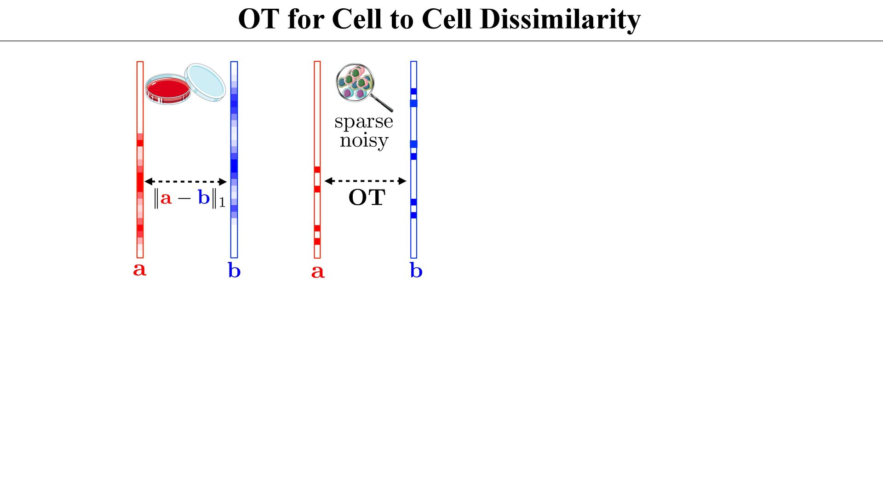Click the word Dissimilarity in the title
(560, 19)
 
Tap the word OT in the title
(258, 19)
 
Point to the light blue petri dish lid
(206, 82)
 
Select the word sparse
(363, 121)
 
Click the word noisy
(364, 140)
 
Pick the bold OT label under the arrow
(367, 198)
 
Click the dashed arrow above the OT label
(365, 181)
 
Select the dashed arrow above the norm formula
(186, 182)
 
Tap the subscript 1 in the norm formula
(222, 202)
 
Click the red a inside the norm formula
(166, 198)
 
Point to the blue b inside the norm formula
(204, 197)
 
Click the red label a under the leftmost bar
(140, 269)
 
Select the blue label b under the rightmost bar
(416, 271)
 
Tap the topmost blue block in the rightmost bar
(413, 91)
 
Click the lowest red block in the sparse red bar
(317, 241)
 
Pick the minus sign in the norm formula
(184, 198)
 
